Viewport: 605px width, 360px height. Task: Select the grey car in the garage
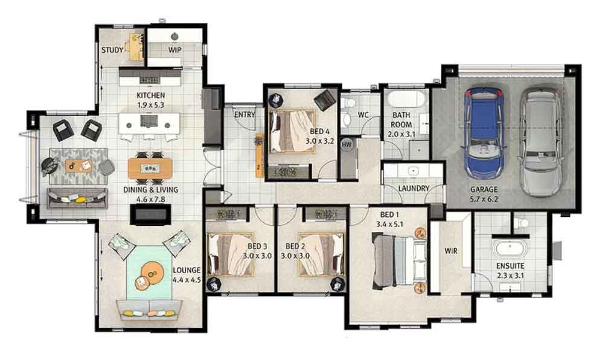pyautogui.click(x=540, y=141)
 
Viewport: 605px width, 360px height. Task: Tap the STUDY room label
pyautogui.click(x=112, y=50)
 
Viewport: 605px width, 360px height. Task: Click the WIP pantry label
pyautogui.click(x=174, y=50)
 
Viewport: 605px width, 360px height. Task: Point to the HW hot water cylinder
pyautogui.click(x=347, y=145)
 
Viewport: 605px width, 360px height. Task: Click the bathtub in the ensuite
pyautogui.click(x=510, y=248)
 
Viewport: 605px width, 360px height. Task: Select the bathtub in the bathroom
pyautogui.click(x=405, y=99)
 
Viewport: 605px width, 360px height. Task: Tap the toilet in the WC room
pyautogui.click(x=349, y=103)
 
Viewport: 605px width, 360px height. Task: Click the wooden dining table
pyautogui.click(x=150, y=169)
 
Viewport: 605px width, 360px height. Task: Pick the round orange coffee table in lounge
pyautogui.click(x=151, y=273)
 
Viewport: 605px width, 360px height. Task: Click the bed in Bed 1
pyautogui.click(x=399, y=260)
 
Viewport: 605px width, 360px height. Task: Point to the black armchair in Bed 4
pyautogui.click(x=325, y=100)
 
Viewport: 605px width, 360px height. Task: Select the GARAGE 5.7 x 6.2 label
pyautogui.click(x=484, y=194)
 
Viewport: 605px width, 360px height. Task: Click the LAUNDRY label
pyautogui.click(x=414, y=188)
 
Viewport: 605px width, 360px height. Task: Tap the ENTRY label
pyautogui.click(x=245, y=115)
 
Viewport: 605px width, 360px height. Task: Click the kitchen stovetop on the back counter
pyautogui.click(x=149, y=80)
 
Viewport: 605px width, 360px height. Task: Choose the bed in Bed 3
pyautogui.click(x=231, y=254)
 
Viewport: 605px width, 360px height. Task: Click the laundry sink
pyautogui.click(x=413, y=170)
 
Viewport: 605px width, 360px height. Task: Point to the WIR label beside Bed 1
pyautogui.click(x=451, y=251)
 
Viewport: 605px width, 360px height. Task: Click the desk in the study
pyautogui.click(x=135, y=48)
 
